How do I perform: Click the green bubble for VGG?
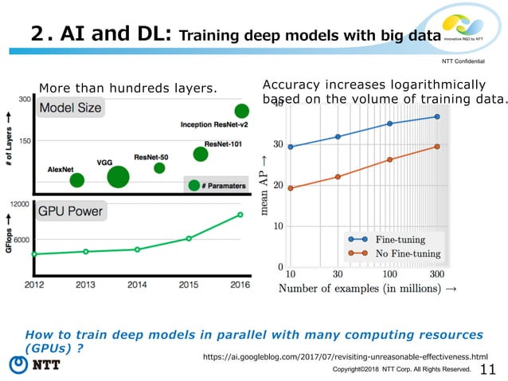pyautogui.click(x=117, y=177)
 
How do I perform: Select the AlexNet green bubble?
pyautogui.click(x=76, y=180)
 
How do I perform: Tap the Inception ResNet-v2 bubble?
pyautogui.click(x=240, y=112)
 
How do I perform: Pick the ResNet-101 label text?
pyautogui.click(x=224, y=143)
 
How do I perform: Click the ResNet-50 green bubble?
pyautogui.click(x=159, y=168)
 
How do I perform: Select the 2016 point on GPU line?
pyautogui.click(x=240, y=214)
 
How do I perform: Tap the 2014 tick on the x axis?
pyautogui.click(x=137, y=284)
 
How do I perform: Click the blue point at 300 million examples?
pyautogui.click(x=437, y=117)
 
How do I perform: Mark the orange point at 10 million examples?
pyautogui.click(x=291, y=188)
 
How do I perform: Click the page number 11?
pyautogui.click(x=488, y=368)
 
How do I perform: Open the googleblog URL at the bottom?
pyautogui.click(x=346, y=357)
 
